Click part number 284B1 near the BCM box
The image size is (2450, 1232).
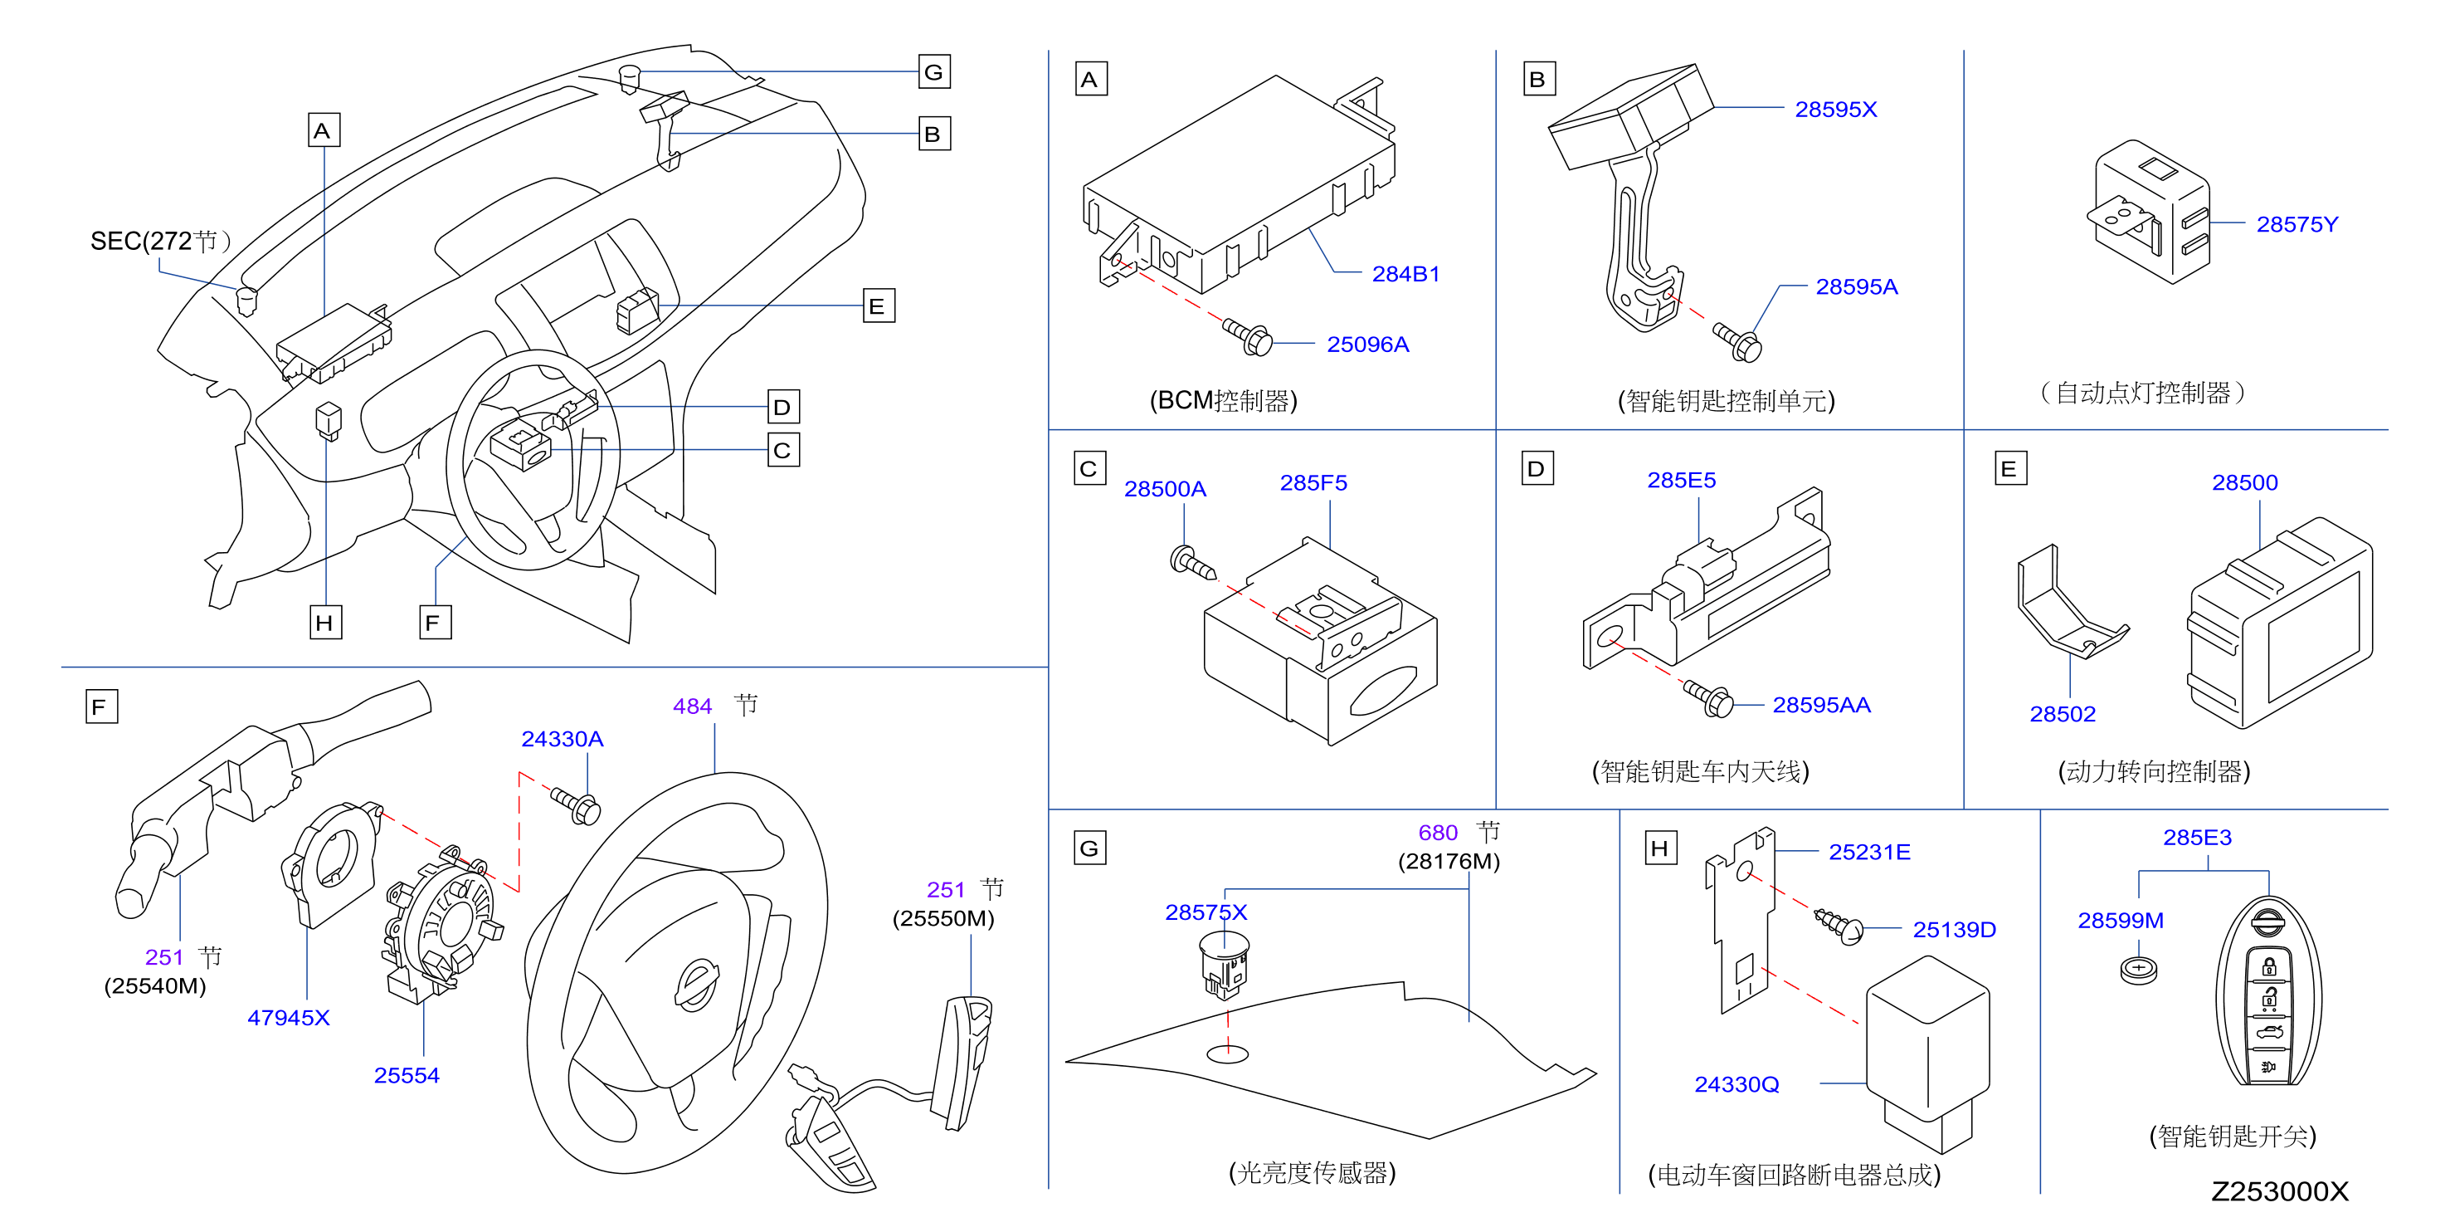click(1405, 274)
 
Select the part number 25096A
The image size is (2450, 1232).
click(1367, 345)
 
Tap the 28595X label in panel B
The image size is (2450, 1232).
click(1835, 110)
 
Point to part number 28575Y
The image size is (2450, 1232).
click(2297, 224)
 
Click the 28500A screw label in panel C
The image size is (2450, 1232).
click(1165, 489)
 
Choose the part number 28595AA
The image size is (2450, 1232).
click(1821, 705)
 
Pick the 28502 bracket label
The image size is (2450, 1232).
click(2062, 715)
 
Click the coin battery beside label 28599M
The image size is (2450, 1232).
click(2139, 970)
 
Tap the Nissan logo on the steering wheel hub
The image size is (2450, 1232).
click(696, 985)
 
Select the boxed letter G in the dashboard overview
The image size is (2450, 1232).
click(934, 72)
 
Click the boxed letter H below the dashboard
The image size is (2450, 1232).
click(325, 623)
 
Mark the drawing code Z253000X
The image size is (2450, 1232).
click(2279, 1192)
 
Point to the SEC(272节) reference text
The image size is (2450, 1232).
click(161, 242)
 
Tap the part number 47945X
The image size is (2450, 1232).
click(288, 1018)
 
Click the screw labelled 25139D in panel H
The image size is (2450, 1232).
click(1839, 926)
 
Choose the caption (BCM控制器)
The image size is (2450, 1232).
click(1223, 400)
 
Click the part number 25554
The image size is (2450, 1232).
click(406, 1076)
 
